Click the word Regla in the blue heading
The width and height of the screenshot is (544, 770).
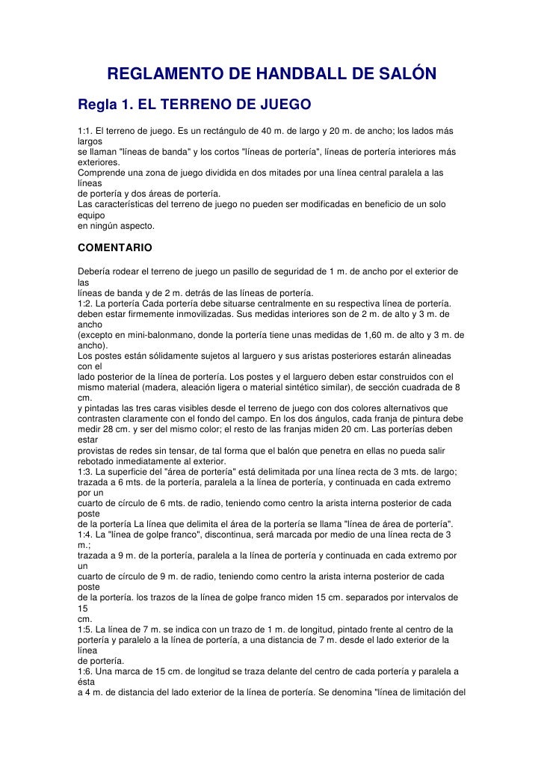[x=99, y=102]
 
